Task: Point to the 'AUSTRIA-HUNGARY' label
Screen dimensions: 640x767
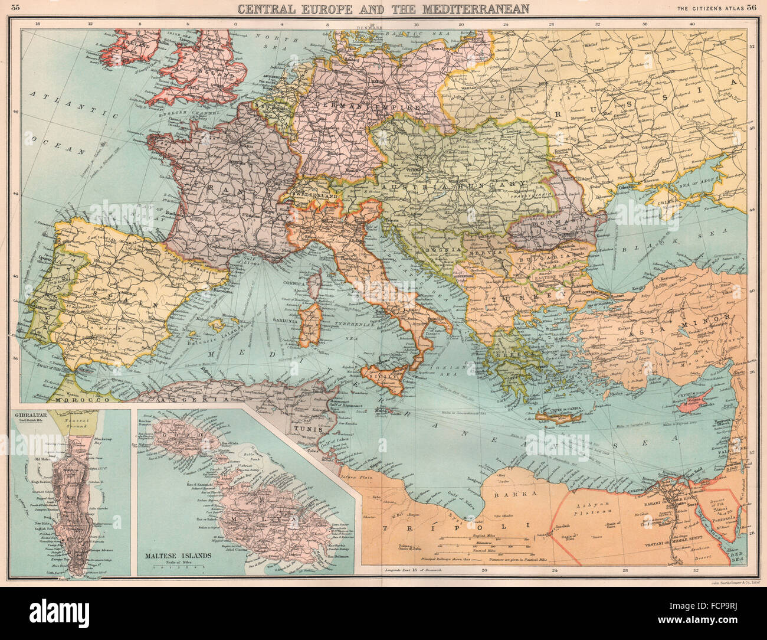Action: [x=448, y=187]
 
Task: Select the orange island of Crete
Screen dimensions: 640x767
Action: [x=558, y=418]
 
